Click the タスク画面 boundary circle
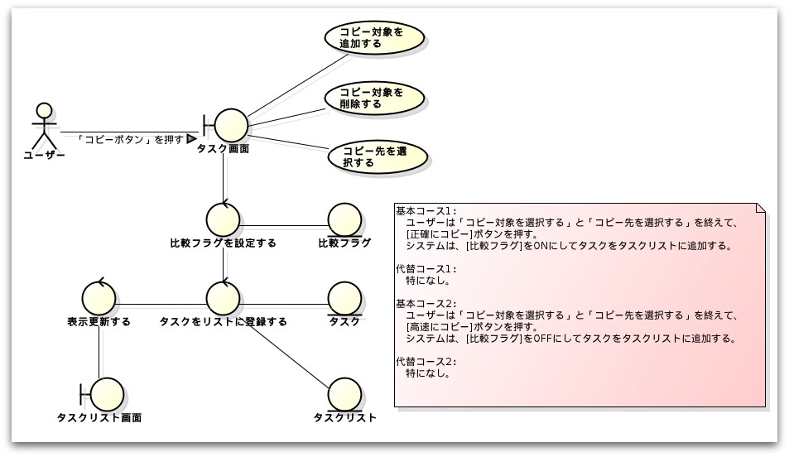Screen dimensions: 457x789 click(x=231, y=125)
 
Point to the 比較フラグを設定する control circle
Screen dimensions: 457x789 click(x=223, y=219)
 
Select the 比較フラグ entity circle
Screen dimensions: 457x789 click(x=344, y=219)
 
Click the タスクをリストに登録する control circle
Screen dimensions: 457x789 click(x=223, y=297)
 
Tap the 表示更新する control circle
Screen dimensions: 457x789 click(x=99, y=297)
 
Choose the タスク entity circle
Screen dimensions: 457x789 click(x=344, y=297)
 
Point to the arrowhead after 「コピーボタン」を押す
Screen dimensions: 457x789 click(x=191, y=138)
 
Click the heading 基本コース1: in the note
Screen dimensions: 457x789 click(x=426, y=210)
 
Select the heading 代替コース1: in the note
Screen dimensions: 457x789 click(x=426, y=269)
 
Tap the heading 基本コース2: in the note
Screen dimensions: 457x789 click(x=426, y=304)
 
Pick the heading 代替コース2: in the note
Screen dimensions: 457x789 click(x=426, y=362)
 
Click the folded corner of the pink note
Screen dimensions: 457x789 click(x=761, y=207)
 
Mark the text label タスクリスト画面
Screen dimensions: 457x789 click(x=99, y=417)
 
